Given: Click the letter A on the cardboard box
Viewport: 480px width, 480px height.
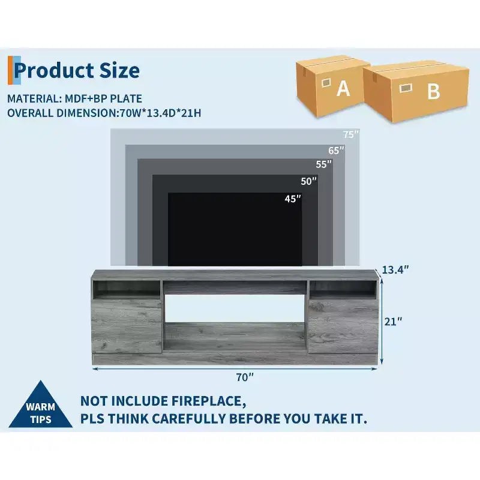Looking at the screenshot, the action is click(343, 88).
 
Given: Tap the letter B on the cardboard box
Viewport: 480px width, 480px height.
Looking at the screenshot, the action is click(433, 91).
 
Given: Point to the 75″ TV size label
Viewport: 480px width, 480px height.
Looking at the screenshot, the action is click(351, 134).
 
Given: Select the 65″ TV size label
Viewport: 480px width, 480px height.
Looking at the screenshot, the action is click(336, 151).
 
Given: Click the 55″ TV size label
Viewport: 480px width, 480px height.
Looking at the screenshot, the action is click(323, 164).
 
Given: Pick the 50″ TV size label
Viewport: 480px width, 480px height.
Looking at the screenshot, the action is click(308, 181).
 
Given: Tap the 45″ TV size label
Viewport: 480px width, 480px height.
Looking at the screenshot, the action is click(293, 199).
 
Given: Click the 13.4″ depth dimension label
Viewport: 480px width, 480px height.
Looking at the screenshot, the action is click(395, 269).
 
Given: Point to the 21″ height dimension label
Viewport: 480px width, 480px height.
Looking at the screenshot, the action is click(393, 322).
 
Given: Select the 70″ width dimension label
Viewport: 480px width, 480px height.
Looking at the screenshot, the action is click(245, 377).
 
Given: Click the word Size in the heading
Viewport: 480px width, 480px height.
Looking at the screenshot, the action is click(119, 71).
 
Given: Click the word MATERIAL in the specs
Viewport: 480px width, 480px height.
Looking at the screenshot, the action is click(32, 98).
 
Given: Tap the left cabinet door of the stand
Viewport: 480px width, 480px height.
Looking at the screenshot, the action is click(127, 326).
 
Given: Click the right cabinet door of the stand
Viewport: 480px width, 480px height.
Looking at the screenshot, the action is click(343, 326).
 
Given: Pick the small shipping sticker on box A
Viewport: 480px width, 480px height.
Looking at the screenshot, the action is click(326, 83).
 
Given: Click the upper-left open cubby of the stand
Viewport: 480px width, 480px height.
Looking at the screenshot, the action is click(127, 289).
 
